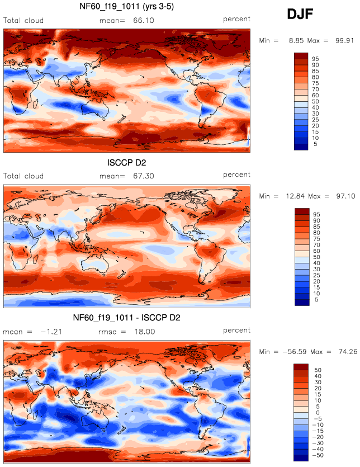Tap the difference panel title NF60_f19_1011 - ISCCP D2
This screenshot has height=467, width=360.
(x=127, y=318)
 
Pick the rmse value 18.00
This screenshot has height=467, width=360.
(x=144, y=332)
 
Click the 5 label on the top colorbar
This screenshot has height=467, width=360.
(x=315, y=144)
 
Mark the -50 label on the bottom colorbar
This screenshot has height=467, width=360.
(x=319, y=455)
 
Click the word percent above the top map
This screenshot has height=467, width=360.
(x=237, y=19)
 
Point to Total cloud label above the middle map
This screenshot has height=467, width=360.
(x=23, y=176)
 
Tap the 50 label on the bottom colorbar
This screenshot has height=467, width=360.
(x=316, y=369)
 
